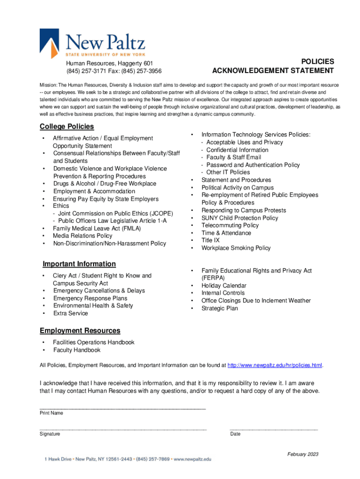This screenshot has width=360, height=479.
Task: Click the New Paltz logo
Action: pyautogui.click(x=93, y=43)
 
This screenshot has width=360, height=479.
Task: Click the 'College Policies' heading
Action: pyautogui.click(x=67, y=126)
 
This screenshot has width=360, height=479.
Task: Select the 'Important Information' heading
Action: pyautogui.click(x=79, y=264)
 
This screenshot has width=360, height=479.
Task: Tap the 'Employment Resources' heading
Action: pyautogui.click(x=80, y=331)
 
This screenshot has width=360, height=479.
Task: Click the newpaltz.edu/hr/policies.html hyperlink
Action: pyautogui.click(x=275, y=365)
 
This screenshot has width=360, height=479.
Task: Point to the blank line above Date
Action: pyautogui.click(x=274, y=428)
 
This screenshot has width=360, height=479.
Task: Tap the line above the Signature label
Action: pyautogui.click(x=123, y=428)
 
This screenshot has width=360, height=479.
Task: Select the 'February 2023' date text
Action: pyautogui.click(x=303, y=454)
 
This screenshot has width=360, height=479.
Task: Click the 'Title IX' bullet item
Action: pyautogui.click(x=210, y=240)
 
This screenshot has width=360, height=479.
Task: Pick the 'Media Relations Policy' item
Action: pyautogui.click(x=83, y=236)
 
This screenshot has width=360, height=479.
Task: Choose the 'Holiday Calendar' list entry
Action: pyautogui.click(x=224, y=286)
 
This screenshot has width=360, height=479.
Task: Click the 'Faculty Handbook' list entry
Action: pyautogui.click(x=77, y=350)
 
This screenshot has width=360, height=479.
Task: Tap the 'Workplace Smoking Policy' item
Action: pyautogui.click(x=236, y=248)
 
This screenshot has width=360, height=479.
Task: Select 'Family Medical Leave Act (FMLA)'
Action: pyautogui.click(x=97, y=228)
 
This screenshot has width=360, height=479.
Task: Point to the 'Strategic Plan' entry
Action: pyautogui.click(x=220, y=308)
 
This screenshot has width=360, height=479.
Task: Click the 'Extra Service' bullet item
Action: pyautogui.click(x=71, y=313)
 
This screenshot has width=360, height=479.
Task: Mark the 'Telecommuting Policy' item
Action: pyautogui.click(x=230, y=225)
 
